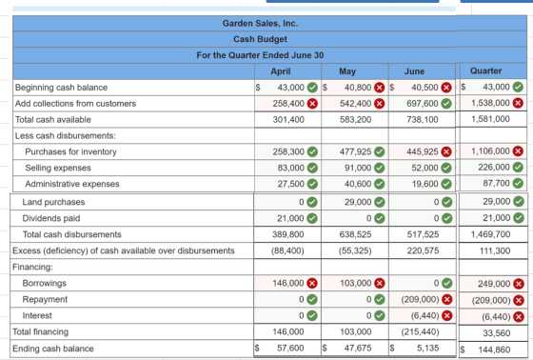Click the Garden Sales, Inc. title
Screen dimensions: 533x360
pos(260,24)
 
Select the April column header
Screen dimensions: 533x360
pos(281,71)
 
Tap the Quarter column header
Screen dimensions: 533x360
pos(485,70)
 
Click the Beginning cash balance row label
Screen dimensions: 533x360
pos(61,88)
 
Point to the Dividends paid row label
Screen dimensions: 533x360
pos(51,218)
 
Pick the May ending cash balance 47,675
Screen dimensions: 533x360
pos(358,348)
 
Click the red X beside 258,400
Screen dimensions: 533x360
pos(312,104)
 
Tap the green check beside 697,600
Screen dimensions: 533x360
pos(446,104)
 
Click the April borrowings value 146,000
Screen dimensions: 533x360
pos(288,283)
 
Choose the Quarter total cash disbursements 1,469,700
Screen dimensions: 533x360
pos(490,234)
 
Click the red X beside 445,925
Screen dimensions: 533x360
pos(446,151)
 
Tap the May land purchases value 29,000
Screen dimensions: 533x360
pos(358,202)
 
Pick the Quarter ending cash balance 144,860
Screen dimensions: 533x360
pos(494,350)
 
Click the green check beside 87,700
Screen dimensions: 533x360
pos(518,183)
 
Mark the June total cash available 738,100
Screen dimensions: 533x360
pos(423,119)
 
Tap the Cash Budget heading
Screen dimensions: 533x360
pos(260,39)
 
